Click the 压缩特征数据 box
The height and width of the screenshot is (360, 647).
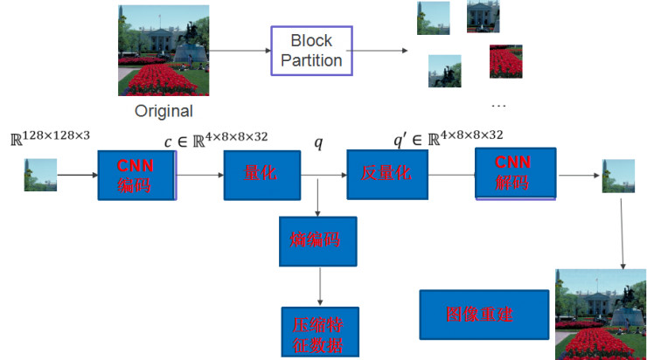pos(317,332)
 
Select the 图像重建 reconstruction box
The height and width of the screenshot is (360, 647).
pos(484,314)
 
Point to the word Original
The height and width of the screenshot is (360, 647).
pos(163,111)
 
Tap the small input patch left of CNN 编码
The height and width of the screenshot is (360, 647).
pos(40,175)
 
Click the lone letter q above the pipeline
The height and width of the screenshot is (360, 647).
pos(318,140)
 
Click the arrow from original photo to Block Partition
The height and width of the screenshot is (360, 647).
pos(239,51)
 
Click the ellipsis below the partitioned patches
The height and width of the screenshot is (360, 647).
pos(499,106)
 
